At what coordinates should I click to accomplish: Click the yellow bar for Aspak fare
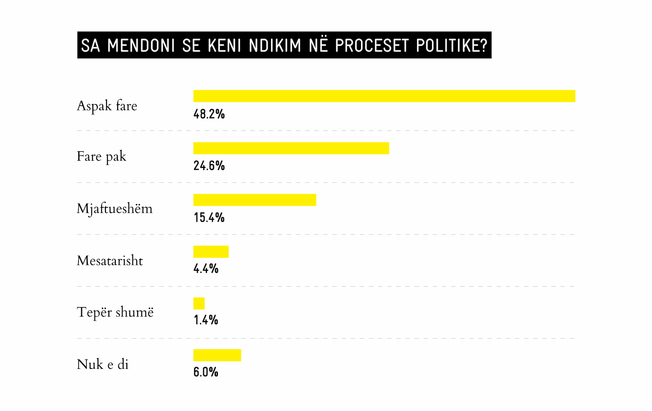(x=384, y=96)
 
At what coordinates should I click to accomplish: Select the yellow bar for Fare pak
(x=291, y=148)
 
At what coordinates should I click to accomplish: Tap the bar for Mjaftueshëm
(x=255, y=200)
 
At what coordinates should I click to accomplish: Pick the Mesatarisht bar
(x=211, y=252)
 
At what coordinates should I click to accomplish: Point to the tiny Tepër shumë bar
(x=199, y=303)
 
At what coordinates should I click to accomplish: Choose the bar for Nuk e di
(x=217, y=355)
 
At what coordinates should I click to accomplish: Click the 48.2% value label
(x=209, y=114)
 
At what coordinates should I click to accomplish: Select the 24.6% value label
(x=209, y=166)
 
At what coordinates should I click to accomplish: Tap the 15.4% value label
(x=209, y=218)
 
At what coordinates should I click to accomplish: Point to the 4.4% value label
(x=206, y=269)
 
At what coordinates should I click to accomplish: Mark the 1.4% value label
(x=206, y=320)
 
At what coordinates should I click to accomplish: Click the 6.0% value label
(x=206, y=372)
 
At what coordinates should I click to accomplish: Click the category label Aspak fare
(x=107, y=106)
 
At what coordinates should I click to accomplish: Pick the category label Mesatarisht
(x=110, y=261)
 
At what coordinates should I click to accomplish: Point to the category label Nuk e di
(x=103, y=364)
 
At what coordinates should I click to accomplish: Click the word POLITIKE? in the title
(x=452, y=46)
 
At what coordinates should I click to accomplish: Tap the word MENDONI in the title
(x=141, y=46)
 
